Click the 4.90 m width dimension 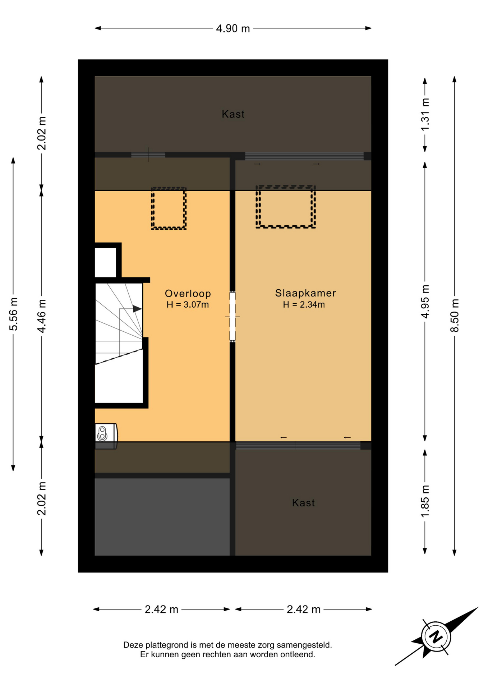click(233, 28)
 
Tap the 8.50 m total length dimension click(455, 315)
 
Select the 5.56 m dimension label click(14, 314)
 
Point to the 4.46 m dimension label click(42, 316)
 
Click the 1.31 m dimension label click(425, 115)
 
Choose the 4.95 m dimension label click(425, 302)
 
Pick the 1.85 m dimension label click(425, 501)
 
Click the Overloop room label click(188, 293)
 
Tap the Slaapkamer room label click(305, 293)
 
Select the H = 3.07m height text click(188, 305)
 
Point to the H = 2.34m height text click(304, 305)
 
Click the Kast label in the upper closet click(233, 114)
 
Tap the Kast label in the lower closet click(303, 502)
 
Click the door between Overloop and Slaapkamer click(233, 317)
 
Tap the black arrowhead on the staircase click(137, 309)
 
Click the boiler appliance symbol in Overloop click(106, 434)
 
